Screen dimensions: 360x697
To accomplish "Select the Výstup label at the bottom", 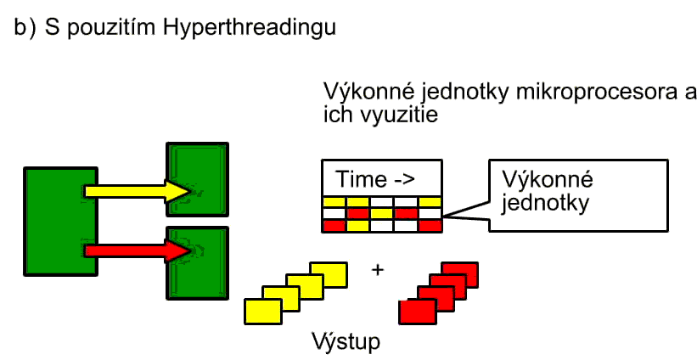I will [x=345, y=343].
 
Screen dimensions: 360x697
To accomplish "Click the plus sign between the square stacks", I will [x=377, y=270].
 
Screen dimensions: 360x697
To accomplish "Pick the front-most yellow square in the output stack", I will [x=262, y=311].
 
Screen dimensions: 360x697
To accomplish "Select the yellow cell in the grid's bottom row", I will [x=357, y=225].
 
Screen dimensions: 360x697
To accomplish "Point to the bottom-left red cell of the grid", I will [x=333, y=226].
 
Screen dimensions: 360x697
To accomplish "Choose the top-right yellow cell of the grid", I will [x=430, y=202].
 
